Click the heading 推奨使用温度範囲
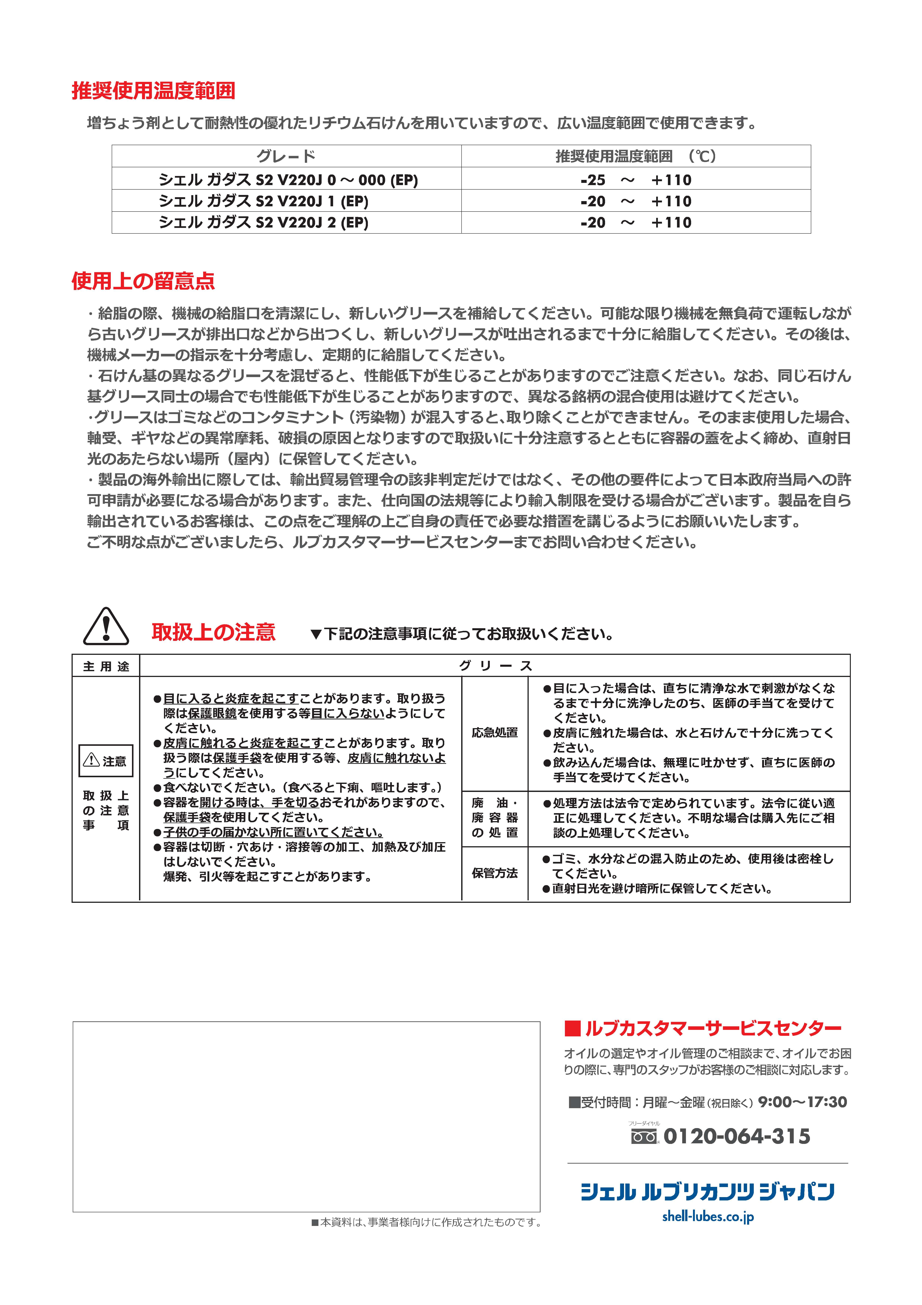tap(153, 91)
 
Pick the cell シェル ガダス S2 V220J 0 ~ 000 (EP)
tap(288, 180)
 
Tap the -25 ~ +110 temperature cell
tap(636, 180)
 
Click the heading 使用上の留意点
tap(143, 281)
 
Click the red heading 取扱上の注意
tap(214, 632)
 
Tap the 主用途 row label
tap(106, 666)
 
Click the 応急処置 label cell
tap(495, 733)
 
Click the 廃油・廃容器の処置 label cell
tap(495, 818)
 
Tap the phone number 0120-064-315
tap(736, 1136)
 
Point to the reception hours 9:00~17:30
tap(802, 1102)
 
